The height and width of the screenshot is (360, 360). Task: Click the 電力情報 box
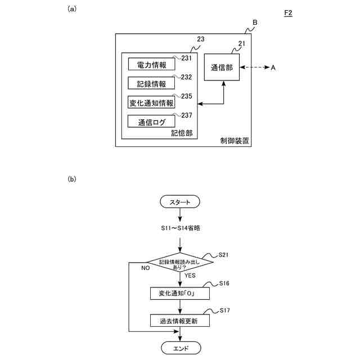click(x=151, y=64)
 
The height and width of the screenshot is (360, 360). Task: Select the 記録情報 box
click(x=151, y=83)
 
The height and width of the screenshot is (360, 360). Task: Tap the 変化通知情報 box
click(x=151, y=102)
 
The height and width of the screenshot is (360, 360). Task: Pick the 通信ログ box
click(x=151, y=121)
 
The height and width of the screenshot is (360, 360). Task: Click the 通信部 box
click(x=222, y=67)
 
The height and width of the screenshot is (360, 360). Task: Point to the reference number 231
click(x=186, y=58)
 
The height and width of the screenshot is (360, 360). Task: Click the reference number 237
click(x=187, y=115)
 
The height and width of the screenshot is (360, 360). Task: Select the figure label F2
click(x=288, y=13)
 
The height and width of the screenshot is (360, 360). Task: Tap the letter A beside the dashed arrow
click(x=273, y=67)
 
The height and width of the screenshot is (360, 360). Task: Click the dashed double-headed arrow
click(x=254, y=67)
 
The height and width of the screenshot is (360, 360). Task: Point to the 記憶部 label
click(x=182, y=133)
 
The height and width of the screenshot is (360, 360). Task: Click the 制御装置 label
click(x=235, y=141)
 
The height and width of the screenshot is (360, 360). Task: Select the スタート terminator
click(x=180, y=202)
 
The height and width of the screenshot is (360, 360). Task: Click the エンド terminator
click(x=181, y=348)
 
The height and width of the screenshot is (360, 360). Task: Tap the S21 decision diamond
click(x=180, y=263)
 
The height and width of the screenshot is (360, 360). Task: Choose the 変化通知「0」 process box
click(x=180, y=294)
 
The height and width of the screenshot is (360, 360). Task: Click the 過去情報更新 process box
click(x=180, y=321)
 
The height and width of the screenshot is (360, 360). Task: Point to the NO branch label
click(x=146, y=268)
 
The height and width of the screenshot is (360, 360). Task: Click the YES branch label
click(x=190, y=276)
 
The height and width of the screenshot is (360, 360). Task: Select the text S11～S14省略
click(x=181, y=228)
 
